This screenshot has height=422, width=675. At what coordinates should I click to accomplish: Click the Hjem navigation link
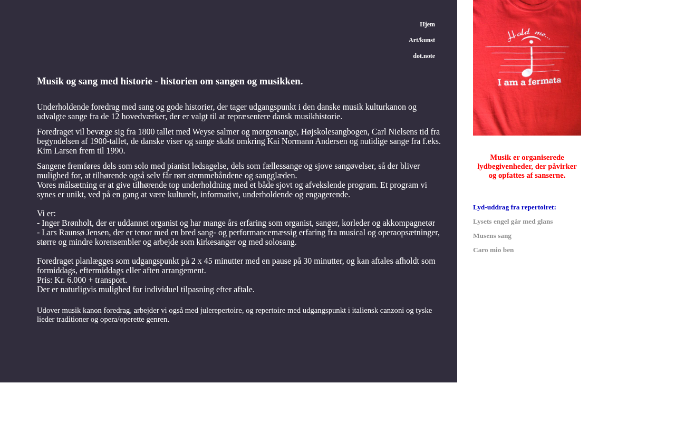(427, 24)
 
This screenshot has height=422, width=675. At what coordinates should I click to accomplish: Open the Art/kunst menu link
(421, 40)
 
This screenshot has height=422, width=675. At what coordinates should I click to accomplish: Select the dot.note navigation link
(423, 56)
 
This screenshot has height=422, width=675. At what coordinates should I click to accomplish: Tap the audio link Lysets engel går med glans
(513, 222)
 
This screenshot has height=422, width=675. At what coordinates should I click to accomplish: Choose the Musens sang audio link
(492, 236)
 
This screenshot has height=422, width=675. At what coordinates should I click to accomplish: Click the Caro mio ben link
(493, 250)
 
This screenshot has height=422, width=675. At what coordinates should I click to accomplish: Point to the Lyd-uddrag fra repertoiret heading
(514, 207)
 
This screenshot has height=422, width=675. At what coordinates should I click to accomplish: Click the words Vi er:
(46, 214)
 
